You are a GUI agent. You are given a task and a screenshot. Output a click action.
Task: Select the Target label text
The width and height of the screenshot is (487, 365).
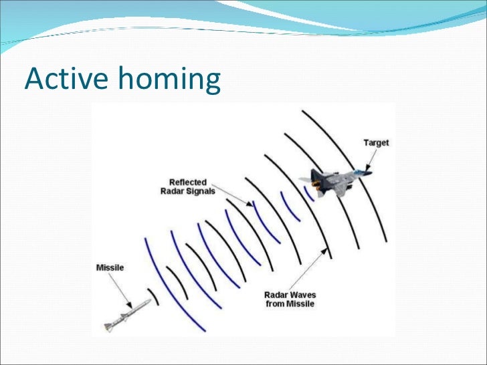[x=375, y=143]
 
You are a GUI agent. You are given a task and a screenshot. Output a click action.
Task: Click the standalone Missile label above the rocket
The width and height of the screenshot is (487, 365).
[x=110, y=268]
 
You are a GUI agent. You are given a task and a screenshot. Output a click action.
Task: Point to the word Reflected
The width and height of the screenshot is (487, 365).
[x=189, y=182]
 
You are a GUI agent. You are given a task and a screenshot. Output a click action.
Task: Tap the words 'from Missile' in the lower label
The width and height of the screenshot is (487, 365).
[x=289, y=304]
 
